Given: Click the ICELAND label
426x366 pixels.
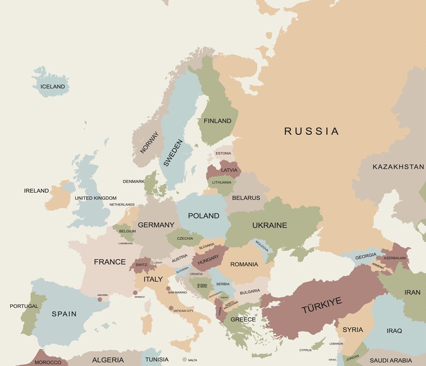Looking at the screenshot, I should (x=53, y=86).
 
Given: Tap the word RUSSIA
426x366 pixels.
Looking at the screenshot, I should (x=311, y=131).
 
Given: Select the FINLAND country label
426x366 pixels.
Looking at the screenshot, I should (x=217, y=121).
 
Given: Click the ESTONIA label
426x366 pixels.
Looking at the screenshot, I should (x=223, y=153).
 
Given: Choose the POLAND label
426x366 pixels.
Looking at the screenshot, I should (x=203, y=216).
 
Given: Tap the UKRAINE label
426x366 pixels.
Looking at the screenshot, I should (x=269, y=225).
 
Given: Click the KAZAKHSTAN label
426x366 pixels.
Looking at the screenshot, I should (x=398, y=167).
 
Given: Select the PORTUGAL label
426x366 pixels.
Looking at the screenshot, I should (x=24, y=306).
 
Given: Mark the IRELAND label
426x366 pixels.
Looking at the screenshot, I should (x=36, y=191).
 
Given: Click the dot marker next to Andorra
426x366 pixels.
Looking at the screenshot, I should (x=99, y=299).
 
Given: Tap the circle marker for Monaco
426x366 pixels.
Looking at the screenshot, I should (x=135, y=292).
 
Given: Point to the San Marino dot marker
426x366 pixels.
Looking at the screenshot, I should (x=168, y=288).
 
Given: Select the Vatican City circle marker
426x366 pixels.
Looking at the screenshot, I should (x=171, y=308).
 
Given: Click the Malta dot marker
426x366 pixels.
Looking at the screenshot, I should (x=185, y=360).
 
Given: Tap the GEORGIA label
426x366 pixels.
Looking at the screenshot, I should (x=365, y=256).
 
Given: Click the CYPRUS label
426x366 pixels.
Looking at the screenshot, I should (x=305, y=350).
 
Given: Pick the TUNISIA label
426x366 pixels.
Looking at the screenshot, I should (x=157, y=359).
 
